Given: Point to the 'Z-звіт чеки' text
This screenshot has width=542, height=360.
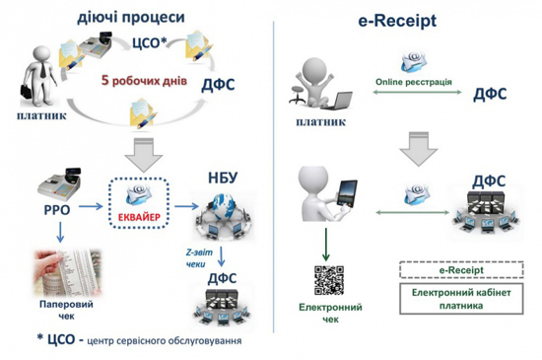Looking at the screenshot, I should pyautogui.click(x=196, y=257).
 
